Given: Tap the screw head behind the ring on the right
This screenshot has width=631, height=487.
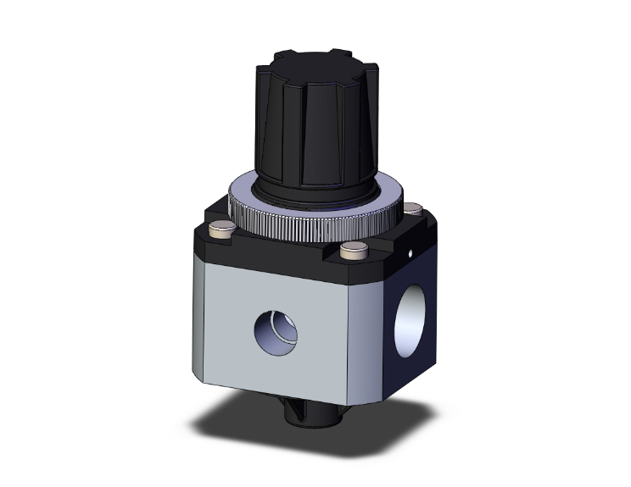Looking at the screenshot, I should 413,208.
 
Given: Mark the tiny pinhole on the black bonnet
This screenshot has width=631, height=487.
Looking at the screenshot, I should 410,252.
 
